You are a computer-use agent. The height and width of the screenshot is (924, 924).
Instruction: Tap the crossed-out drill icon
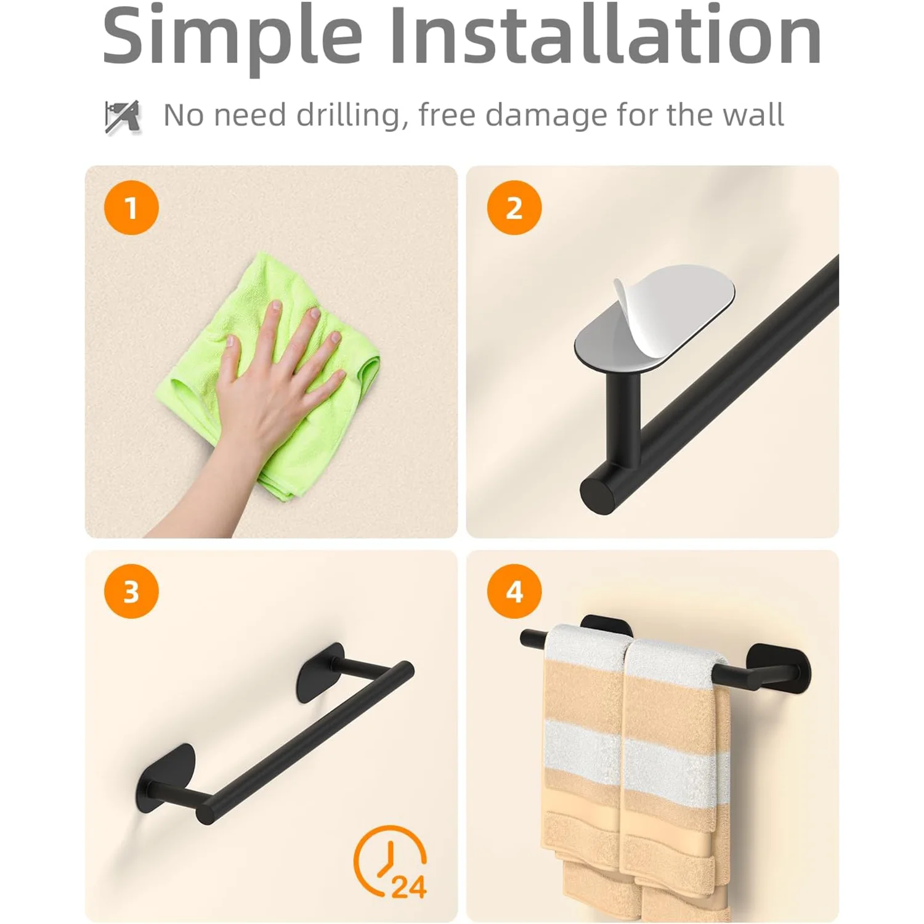coord(122,116)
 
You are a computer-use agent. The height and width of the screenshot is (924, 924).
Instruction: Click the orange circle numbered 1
coord(131,208)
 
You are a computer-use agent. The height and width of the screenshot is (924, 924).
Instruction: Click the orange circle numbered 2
coord(514,208)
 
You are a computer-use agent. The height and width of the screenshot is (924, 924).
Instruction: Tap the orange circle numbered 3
coord(131,591)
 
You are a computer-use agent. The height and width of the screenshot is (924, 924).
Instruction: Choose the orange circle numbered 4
coord(514,591)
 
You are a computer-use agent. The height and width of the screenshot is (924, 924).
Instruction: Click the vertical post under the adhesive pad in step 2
coord(623,419)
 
